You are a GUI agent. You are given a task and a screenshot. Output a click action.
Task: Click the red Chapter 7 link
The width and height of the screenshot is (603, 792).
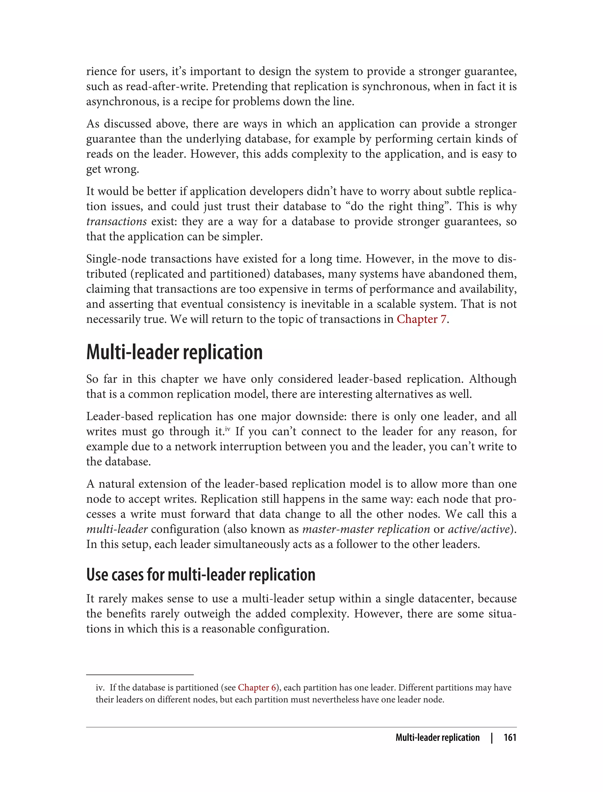pyautogui.click(x=421, y=319)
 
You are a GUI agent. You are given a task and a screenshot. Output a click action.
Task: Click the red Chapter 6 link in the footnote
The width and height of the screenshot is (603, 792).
pyautogui.click(x=257, y=687)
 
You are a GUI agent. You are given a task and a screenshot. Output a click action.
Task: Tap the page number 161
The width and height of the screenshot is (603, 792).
pyautogui.click(x=510, y=737)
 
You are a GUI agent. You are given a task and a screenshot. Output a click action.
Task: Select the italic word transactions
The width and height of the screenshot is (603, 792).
pyautogui.click(x=116, y=222)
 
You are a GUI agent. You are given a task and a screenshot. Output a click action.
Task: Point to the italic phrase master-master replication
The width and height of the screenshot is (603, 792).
pyautogui.click(x=366, y=529)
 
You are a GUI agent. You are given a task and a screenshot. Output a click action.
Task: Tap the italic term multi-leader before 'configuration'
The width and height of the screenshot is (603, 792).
pyautogui.click(x=117, y=529)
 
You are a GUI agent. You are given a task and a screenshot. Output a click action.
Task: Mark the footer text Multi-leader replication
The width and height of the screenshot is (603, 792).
pyautogui.click(x=437, y=737)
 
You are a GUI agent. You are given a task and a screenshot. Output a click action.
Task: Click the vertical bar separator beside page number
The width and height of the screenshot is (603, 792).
pyautogui.click(x=492, y=738)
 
